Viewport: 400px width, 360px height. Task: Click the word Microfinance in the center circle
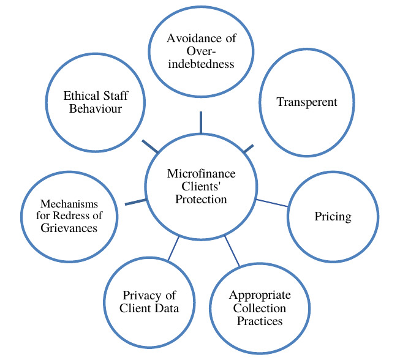(x=202, y=174)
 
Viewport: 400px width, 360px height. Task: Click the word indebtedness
(x=202, y=64)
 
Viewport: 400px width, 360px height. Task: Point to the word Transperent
(x=307, y=102)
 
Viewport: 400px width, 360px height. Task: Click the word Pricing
(x=332, y=216)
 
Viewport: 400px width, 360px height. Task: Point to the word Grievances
(x=69, y=228)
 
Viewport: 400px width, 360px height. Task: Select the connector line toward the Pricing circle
(x=271, y=203)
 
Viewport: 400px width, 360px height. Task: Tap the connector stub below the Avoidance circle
(x=200, y=122)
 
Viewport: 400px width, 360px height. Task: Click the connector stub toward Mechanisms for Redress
(x=135, y=201)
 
